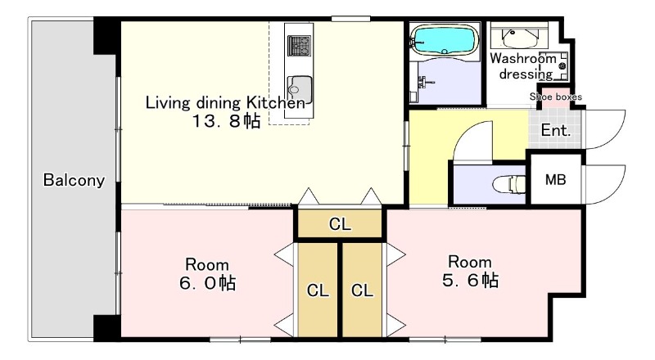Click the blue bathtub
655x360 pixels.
[x=445, y=40]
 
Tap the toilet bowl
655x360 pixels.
[x=509, y=184]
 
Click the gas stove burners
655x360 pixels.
[x=300, y=46]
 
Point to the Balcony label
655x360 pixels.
[x=74, y=180]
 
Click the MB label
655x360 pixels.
[x=556, y=179]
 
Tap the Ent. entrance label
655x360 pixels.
[x=556, y=130]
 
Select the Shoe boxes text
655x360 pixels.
[x=556, y=97]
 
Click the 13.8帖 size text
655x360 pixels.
[x=226, y=121]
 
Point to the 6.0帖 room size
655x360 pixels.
[x=208, y=283]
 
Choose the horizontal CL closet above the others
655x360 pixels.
[x=340, y=224]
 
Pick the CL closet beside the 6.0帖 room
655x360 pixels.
[x=318, y=290]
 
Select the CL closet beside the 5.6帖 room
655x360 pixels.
[x=362, y=290]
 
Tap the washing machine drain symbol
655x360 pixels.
[x=562, y=65]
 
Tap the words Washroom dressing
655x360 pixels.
[x=524, y=66]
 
